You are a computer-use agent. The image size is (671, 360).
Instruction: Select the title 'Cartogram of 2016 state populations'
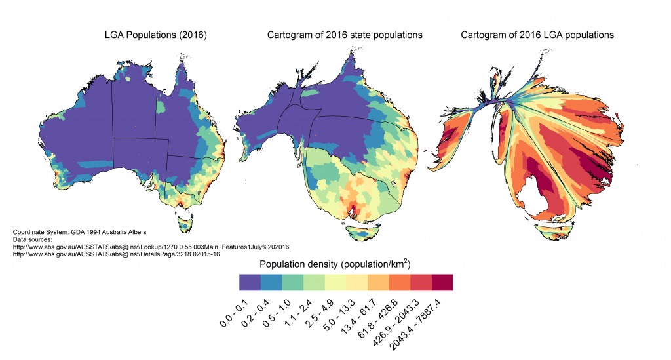(x=345, y=35)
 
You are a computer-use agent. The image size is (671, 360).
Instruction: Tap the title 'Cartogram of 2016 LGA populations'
(x=537, y=35)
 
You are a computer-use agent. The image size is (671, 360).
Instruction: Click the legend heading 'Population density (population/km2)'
(x=335, y=264)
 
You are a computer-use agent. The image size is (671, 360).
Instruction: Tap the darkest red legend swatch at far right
(x=442, y=282)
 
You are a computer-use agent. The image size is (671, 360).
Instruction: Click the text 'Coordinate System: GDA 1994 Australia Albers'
(x=80, y=232)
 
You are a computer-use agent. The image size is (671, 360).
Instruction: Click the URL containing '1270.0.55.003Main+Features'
(x=151, y=247)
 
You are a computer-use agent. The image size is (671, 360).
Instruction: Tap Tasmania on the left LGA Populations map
(x=187, y=224)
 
